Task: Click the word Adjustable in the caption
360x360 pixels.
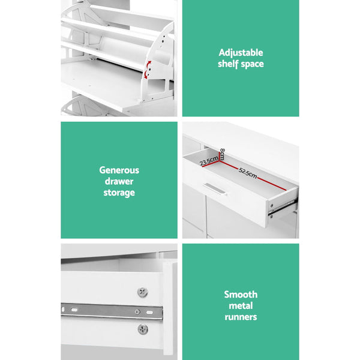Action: click(241, 52)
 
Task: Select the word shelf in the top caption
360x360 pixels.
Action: click(229, 64)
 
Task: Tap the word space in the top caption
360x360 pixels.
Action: click(253, 64)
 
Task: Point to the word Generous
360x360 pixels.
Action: click(119, 170)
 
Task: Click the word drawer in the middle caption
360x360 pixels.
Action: click(119, 181)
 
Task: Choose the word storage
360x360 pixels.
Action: click(119, 193)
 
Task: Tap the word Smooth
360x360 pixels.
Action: click(241, 294)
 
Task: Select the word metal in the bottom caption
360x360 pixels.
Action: click(241, 305)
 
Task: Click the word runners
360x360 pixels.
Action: click(241, 317)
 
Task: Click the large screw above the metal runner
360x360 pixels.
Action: click(143, 292)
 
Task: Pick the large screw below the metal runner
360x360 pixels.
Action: click(142, 329)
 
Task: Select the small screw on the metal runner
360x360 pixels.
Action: click(137, 313)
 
